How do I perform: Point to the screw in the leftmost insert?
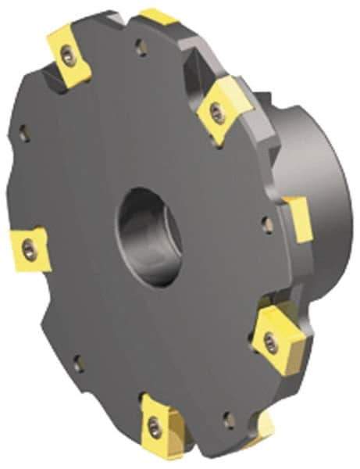pos(30,249)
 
